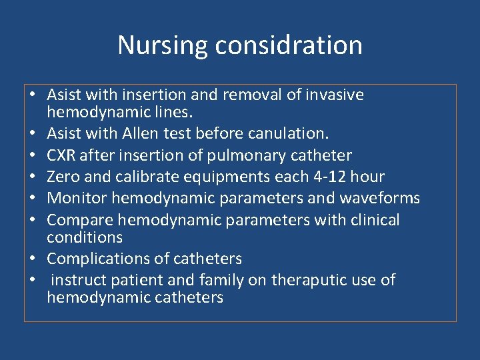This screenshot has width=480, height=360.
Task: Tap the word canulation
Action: (288, 134)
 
